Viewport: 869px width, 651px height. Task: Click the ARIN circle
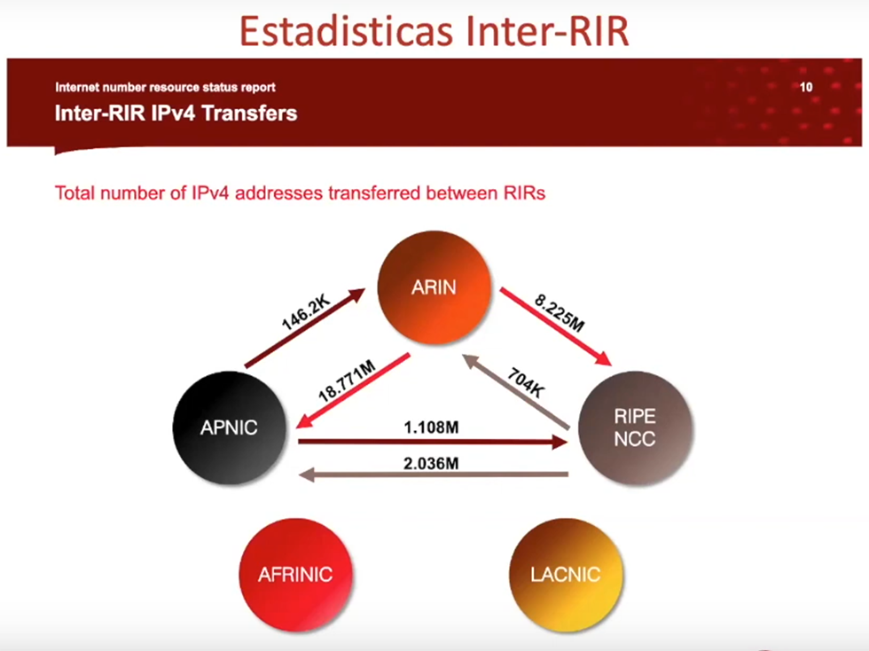pos(434,287)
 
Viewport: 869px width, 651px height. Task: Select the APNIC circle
pos(230,427)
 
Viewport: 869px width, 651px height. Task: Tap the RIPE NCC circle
pos(635,428)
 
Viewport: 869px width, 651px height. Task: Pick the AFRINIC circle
pos(295,575)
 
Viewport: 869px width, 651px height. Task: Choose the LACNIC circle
pos(566,575)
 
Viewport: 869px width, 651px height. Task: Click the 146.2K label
pos(305,313)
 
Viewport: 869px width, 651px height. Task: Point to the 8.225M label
pos(560,313)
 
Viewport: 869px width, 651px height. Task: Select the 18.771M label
pos(347,381)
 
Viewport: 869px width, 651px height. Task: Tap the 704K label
pos(525,382)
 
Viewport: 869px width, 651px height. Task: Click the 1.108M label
pos(431,427)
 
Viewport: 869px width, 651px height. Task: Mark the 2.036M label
pos(431,463)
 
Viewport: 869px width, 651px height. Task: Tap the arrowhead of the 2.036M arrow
pos(307,475)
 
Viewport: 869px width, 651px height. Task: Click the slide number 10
pos(806,87)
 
